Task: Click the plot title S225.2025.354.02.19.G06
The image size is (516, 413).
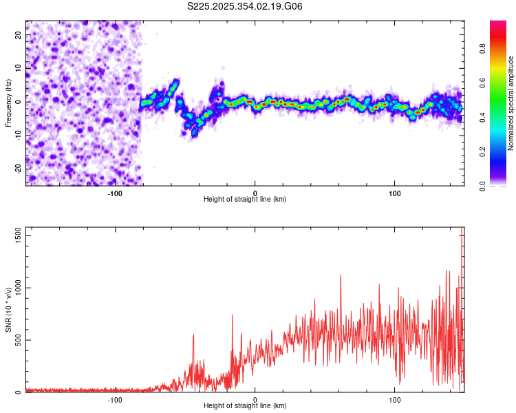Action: pos(246,7)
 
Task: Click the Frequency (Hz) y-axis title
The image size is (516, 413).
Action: pos(8,103)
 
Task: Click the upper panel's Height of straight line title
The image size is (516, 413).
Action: pos(245,199)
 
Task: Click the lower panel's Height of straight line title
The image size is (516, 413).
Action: pos(245,405)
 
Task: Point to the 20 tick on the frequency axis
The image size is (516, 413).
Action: pos(19,34)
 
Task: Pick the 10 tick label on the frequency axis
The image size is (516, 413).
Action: pos(19,67)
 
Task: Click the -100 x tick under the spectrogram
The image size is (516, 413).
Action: pos(115,193)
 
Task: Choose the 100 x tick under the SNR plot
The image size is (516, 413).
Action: pos(395,399)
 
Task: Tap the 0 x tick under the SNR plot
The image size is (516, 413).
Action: pos(255,399)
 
